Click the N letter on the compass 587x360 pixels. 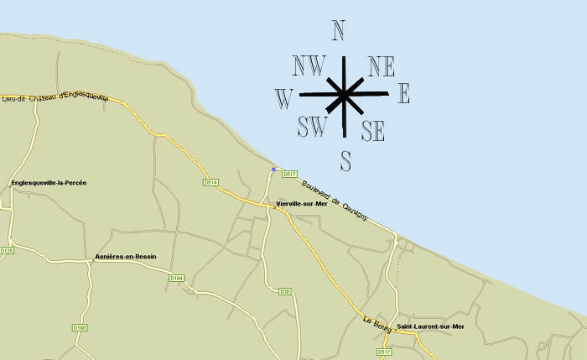pyautogui.click(x=339, y=31)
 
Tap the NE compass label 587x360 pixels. pyautogui.click(x=382, y=65)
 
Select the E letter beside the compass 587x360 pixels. pyautogui.click(x=403, y=94)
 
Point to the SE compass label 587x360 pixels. pyautogui.click(x=373, y=130)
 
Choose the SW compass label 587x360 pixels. pyautogui.click(x=312, y=127)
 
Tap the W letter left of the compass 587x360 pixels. pyautogui.click(x=283, y=99)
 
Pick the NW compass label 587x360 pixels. pyautogui.click(x=309, y=65)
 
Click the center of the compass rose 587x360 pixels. pyautogui.click(x=343, y=93)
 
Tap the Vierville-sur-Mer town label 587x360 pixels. pyautogui.click(x=301, y=204)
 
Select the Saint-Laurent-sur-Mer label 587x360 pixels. pyautogui.click(x=430, y=326)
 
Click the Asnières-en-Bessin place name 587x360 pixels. pyautogui.click(x=126, y=256)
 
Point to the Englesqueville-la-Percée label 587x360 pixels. pyautogui.click(x=49, y=182)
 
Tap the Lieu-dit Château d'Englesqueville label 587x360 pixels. pyautogui.click(x=56, y=97)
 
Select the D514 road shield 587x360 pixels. pyautogui.click(x=210, y=182)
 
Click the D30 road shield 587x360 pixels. pyautogui.click(x=285, y=291)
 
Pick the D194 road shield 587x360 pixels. pyautogui.click(x=176, y=278)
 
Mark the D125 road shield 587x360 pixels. pyautogui.click(x=7, y=250)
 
